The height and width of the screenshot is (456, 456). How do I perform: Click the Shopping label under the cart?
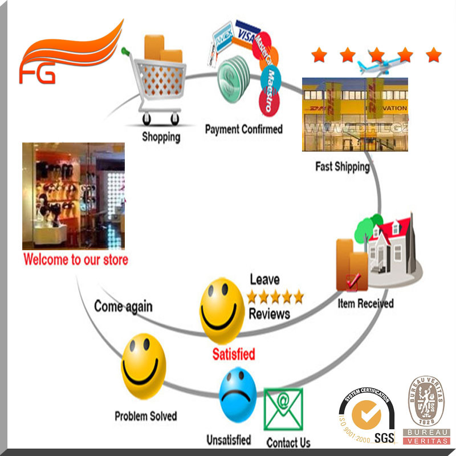click(161, 137)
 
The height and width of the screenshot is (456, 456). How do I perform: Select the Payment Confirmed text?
click(243, 129)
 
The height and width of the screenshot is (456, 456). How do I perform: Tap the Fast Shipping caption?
click(342, 166)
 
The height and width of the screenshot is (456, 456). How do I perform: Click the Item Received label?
click(365, 303)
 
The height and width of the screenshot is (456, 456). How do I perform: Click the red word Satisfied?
click(234, 353)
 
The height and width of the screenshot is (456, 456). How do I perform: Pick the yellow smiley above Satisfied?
click(222, 311)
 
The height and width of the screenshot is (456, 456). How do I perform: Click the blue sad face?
click(238, 394)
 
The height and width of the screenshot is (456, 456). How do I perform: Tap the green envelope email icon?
click(283, 409)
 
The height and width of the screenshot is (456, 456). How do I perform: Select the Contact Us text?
click(288, 442)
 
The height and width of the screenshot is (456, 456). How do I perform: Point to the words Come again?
click(123, 306)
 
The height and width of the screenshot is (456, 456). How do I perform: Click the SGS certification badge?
click(367, 417)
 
